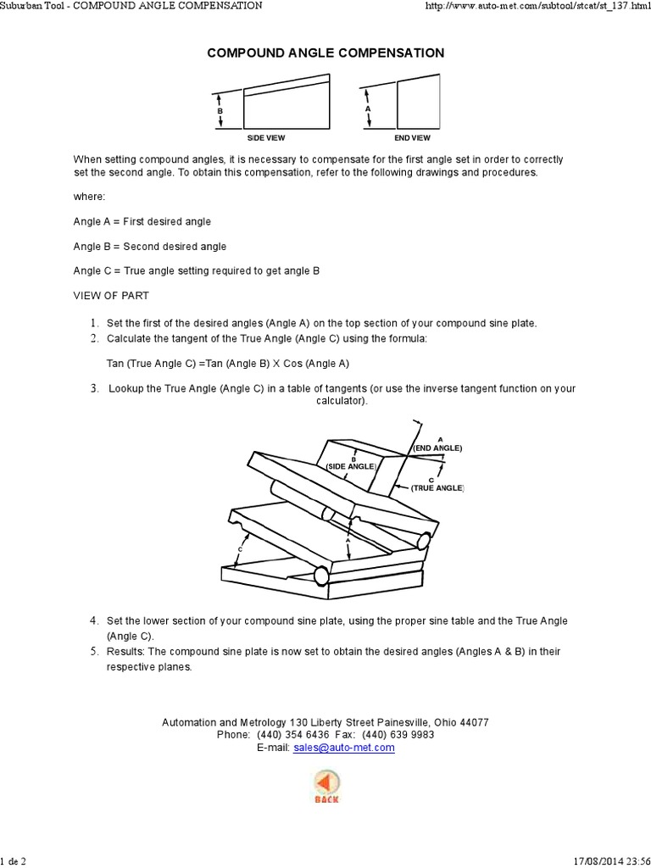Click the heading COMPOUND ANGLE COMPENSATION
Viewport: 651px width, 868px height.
coord(325,53)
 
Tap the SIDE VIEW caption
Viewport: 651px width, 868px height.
coord(265,137)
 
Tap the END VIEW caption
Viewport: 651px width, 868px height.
coord(412,137)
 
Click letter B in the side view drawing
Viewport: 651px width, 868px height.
coord(220,111)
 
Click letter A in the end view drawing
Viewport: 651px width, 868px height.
coord(368,109)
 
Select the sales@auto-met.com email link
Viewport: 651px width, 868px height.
coord(343,748)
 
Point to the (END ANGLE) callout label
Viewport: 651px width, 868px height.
coord(438,448)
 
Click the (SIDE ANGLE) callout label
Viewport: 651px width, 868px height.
coord(351,467)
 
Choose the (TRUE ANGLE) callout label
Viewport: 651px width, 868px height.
coord(438,488)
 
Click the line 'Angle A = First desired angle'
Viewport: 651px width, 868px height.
coord(142,221)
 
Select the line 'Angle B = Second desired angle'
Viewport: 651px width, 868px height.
coord(149,246)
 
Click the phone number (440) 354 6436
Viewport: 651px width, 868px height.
coord(289,735)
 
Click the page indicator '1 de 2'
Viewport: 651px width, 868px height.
coord(14,861)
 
